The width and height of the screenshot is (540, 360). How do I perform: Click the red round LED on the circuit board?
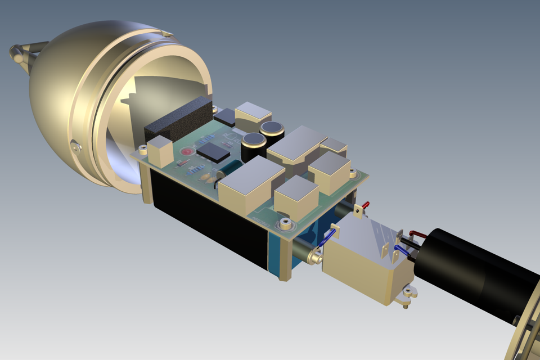point(187,152)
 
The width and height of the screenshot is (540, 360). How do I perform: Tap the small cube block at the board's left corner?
point(160,150)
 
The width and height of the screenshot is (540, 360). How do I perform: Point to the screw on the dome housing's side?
point(76,147)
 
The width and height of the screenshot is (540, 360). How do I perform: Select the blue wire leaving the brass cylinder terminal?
point(326,238)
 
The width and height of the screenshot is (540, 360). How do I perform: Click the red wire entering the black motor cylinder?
point(419,232)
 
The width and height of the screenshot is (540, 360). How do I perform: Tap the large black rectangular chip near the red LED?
point(214,150)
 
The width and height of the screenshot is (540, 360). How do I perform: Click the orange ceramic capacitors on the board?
point(208,178)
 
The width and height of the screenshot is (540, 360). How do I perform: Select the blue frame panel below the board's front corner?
point(276,253)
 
